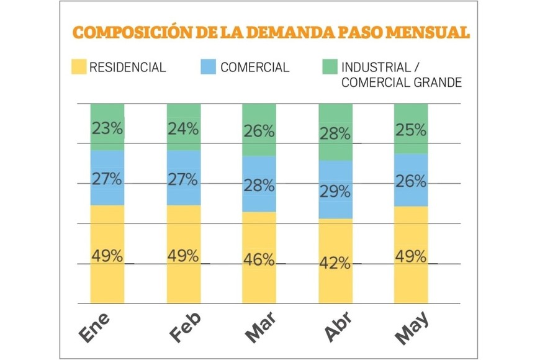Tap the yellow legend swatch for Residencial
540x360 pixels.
(79, 67)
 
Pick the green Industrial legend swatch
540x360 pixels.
(330, 67)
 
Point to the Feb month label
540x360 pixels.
(185, 326)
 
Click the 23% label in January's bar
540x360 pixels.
(107, 128)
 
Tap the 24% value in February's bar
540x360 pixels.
(184, 128)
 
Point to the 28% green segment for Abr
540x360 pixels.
(336, 133)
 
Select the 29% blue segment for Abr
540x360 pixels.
(336, 191)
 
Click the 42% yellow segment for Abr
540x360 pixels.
(336, 263)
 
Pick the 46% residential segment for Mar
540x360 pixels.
(259, 259)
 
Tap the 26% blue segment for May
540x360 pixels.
(411, 181)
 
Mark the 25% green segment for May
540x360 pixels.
(411, 130)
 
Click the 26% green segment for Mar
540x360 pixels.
(259, 131)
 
